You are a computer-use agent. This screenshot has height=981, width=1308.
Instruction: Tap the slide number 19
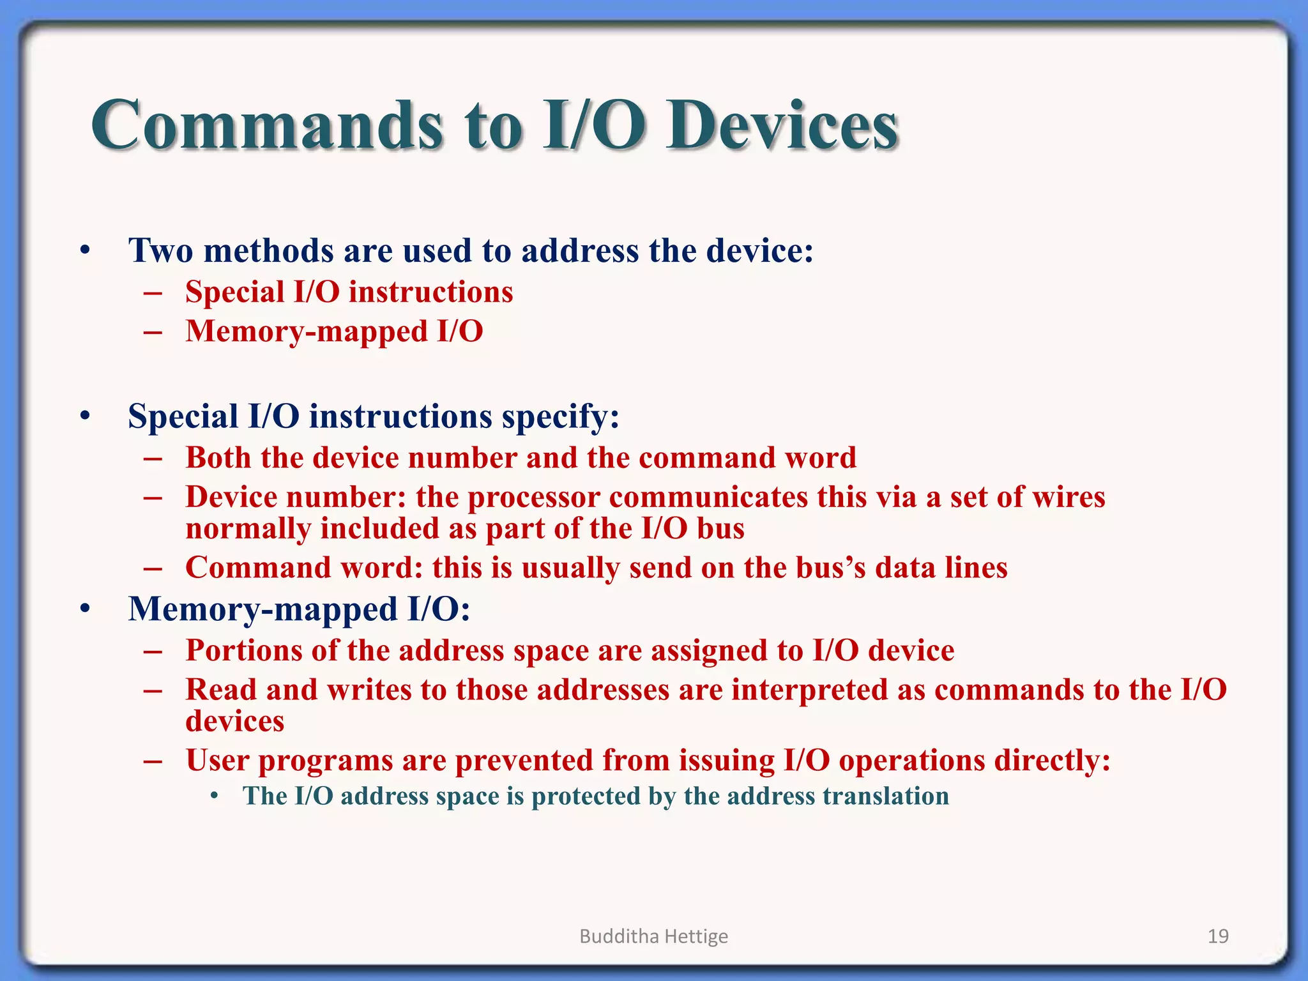(x=1218, y=936)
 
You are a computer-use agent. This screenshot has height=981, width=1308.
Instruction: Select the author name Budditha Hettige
(x=653, y=936)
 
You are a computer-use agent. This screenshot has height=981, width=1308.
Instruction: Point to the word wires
(x=1068, y=497)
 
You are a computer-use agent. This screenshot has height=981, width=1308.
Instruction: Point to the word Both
(x=218, y=458)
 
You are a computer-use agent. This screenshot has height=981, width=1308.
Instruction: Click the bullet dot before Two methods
(x=85, y=251)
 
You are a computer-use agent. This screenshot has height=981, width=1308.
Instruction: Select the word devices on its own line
(x=234, y=722)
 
